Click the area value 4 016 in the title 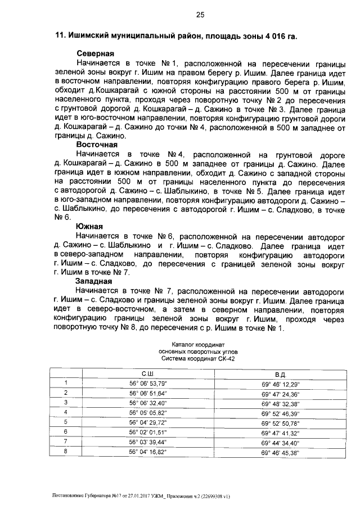click(269, 37)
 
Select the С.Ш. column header click(148, 373)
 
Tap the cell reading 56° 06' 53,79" click(148, 384)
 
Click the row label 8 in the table click(66, 452)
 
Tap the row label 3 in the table click(66, 403)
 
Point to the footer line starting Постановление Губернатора click(141, 496)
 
